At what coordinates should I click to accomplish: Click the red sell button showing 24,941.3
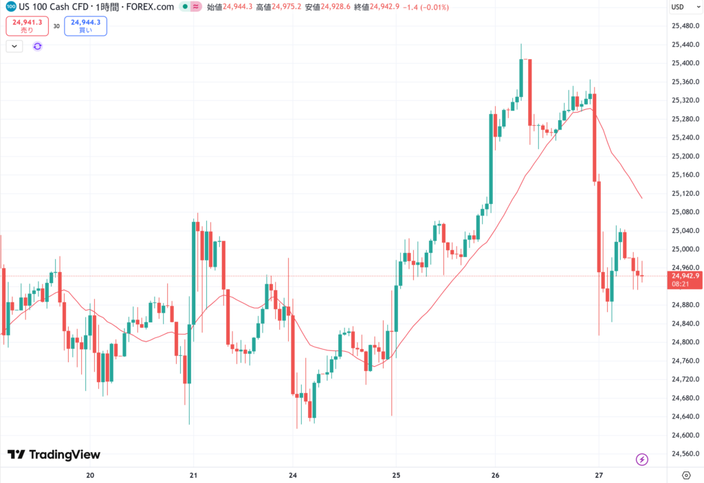point(27,25)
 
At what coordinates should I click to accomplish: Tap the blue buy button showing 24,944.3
point(85,25)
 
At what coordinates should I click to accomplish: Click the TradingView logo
point(54,455)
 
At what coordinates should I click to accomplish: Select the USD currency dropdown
point(678,7)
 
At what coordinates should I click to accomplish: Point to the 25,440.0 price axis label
point(685,45)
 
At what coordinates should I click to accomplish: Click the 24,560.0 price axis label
point(685,453)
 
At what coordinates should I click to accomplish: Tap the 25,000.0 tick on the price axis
point(685,249)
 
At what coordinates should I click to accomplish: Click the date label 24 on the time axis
point(292,475)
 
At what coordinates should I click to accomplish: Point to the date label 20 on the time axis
point(90,475)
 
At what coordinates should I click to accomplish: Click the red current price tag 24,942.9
point(685,276)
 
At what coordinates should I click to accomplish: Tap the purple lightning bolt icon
point(642,459)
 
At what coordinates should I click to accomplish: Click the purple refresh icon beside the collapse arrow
point(37,46)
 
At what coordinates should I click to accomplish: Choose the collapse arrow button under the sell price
point(14,46)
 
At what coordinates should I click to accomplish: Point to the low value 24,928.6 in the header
point(338,6)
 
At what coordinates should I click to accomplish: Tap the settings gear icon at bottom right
point(685,475)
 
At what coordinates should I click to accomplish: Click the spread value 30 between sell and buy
point(56,26)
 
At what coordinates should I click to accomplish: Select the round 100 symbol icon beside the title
point(10,6)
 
